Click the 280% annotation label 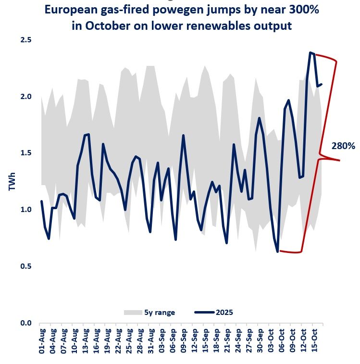(343, 146)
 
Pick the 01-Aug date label (42, 341)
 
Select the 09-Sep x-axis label (184, 341)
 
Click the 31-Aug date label (151, 341)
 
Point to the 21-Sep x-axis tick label (228, 341)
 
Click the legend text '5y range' (160, 313)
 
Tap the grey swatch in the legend (132, 313)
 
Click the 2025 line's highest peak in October (311, 52)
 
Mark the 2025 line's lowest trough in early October (278, 251)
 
